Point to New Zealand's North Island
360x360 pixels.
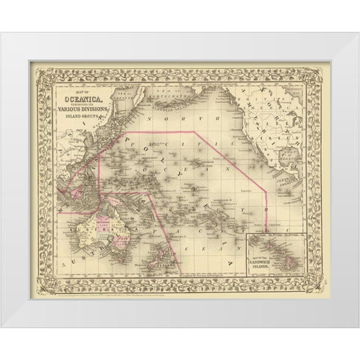(169, 228)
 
